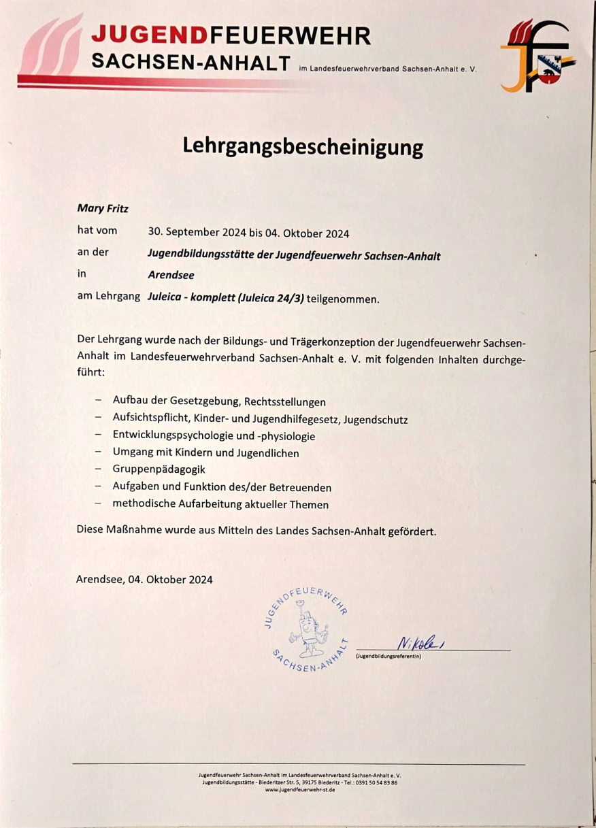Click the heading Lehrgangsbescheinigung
click(303, 147)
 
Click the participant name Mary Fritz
click(102, 209)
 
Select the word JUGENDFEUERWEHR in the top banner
click(231, 35)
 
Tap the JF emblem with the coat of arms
click(538, 56)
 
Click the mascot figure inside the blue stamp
click(308, 629)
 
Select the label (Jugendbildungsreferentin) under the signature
click(388, 657)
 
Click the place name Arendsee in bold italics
click(171, 276)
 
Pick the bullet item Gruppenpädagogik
click(159, 469)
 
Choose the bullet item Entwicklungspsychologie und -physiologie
click(214, 435)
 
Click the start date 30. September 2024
click(197, 233)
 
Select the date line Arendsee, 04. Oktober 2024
click(144, 580)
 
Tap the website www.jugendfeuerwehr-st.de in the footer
click(299, 789)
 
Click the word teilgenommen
click(343, 299)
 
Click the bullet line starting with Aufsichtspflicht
click(260, 419)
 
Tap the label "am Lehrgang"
click(109, 297)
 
